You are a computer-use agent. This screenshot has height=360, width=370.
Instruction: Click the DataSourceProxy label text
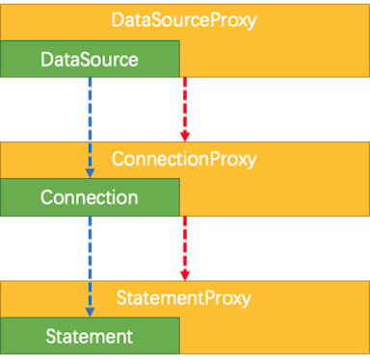pyautogui.click(x=184, y=20)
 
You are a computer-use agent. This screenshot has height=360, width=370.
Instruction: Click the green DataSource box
pyautogui.click(x=90, y=60)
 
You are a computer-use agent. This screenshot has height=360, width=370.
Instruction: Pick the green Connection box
pyautogui.click(x=90, y=198)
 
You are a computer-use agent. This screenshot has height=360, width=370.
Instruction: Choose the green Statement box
pyautogui.click(x=90, y=337)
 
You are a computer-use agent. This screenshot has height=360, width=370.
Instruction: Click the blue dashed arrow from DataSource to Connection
pyautogui.click(x=90, y=125)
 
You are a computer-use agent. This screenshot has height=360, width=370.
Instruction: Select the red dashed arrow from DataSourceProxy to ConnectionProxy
pyautogui.click(x=184, y=106)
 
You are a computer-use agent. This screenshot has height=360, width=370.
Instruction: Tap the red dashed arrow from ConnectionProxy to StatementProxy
pyautogui.click(x=184, y=244)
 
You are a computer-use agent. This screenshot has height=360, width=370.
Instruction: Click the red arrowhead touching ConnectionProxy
pyautogui.click(x=184, y=134)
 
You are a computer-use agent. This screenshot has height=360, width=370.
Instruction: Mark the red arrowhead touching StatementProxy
pyautogui.click(x=184, y=273)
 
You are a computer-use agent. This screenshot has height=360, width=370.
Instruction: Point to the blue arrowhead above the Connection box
pyautogui.click(x=90, y=173)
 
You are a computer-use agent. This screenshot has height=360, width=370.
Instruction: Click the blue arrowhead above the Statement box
pyautogui.click(x=90, y=312)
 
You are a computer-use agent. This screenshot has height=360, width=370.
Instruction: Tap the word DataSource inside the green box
pyautogui.click(x=90, y=60)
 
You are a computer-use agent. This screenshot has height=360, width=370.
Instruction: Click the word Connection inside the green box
pyautogui.click(x=90, y=198)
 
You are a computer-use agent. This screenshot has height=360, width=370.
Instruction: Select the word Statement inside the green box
pyautogui.click(x=90, y=337)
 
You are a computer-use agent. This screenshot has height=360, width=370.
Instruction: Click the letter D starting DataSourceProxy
pyautogui.click(x=119, y=20)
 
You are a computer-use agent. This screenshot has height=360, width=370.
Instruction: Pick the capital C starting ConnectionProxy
pyautogui.click(x=119, y=158)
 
